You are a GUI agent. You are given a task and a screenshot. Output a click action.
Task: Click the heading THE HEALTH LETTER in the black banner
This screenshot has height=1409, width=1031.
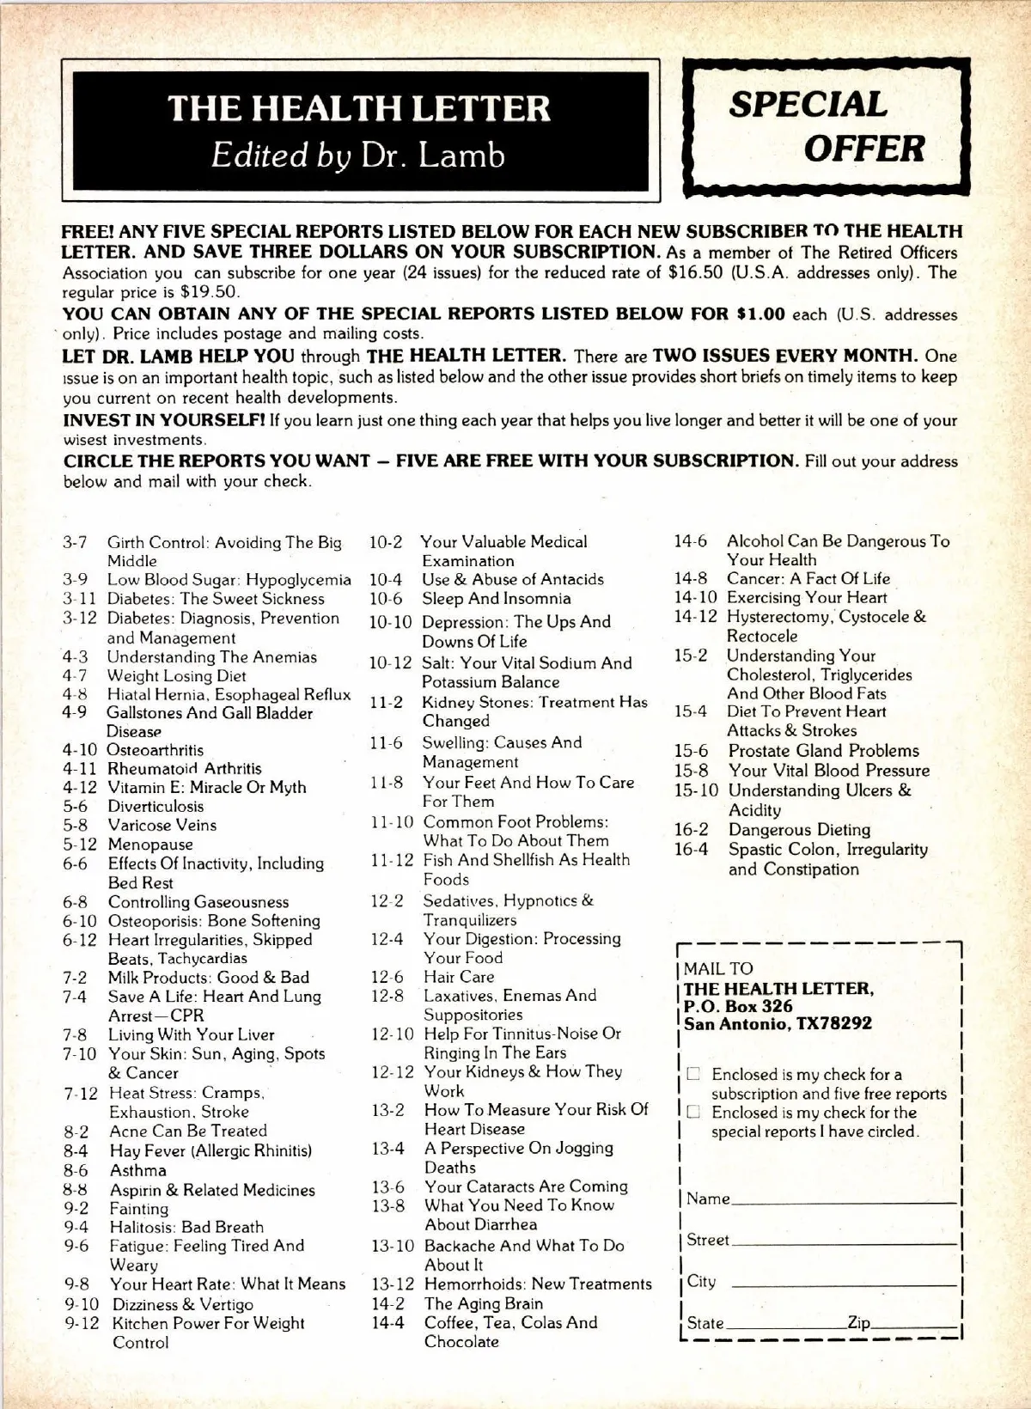pyautogui.click(x=359, y=108)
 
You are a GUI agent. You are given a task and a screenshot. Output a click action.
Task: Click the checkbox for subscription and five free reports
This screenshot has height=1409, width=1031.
pyautogui.click(x=693, y=1074)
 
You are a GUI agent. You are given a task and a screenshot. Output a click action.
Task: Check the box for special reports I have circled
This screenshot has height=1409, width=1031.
pyautogui.click(x=693, y=1113)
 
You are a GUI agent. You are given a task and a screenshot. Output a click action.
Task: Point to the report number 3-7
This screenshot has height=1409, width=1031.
pyautogui.click(x=75, y=543)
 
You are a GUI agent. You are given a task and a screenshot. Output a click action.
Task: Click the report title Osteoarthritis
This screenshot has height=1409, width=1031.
pyautogui.click(x=155, y=750)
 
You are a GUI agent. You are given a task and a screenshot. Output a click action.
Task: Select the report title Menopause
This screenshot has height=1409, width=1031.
pyautogui.click(x=150, y=845)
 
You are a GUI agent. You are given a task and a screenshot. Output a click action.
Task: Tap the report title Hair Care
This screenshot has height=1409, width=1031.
pyautogui.click(x=459, y=977)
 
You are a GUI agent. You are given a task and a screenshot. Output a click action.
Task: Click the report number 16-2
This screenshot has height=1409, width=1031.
pyautogui.click(x=692, y=830)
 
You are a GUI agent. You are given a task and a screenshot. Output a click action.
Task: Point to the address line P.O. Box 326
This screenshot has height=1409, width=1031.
pyautogui.click(x=738, y=1006)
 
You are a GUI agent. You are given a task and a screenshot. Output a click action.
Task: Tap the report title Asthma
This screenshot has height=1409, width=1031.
pyautogui.click(x=137, y=1170)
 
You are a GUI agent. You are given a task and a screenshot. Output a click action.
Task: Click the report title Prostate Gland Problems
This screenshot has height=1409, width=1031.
pyautogui.click(x=823, y=751)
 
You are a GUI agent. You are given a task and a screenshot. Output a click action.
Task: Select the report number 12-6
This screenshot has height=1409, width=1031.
pyautogui.click(x=387, y=977)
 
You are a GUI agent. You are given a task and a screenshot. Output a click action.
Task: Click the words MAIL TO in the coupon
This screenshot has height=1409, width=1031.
pyautogui.click(x=718, y=968)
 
